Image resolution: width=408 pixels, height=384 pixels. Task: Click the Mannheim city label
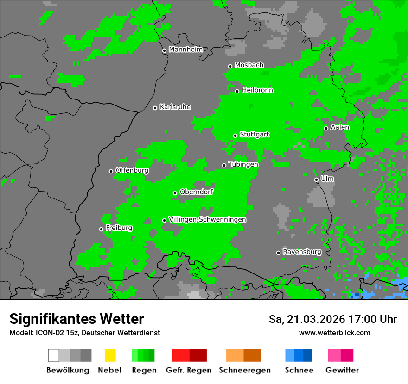(185, 50)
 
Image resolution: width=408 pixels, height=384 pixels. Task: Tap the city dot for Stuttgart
(235, 136)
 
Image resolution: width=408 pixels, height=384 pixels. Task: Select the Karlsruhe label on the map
(175, 107)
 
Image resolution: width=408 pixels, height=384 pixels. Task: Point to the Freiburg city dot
(101, 229)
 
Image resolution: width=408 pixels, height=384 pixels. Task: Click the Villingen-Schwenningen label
(207, 219)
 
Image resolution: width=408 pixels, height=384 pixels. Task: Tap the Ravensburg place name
(302, 252)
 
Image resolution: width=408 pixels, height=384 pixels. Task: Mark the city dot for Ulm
(316, 180)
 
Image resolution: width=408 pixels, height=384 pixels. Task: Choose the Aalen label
(340, 127)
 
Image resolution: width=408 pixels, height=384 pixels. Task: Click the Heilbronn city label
(257, 90)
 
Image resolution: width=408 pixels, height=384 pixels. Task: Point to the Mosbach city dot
(230, 66)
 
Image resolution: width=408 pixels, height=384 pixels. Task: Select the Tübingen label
(243, 164)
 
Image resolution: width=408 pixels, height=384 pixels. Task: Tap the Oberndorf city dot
(175, 193)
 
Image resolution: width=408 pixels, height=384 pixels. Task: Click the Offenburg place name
(132, 170)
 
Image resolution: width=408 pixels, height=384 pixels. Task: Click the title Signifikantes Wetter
(76, 319)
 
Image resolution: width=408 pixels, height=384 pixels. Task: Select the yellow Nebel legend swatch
(110, 355)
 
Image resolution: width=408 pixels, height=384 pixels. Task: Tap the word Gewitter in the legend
(342, 370)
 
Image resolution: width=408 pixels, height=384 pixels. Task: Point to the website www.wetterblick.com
(334, 333)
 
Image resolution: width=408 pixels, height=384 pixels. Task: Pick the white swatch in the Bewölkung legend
(54, 355)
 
